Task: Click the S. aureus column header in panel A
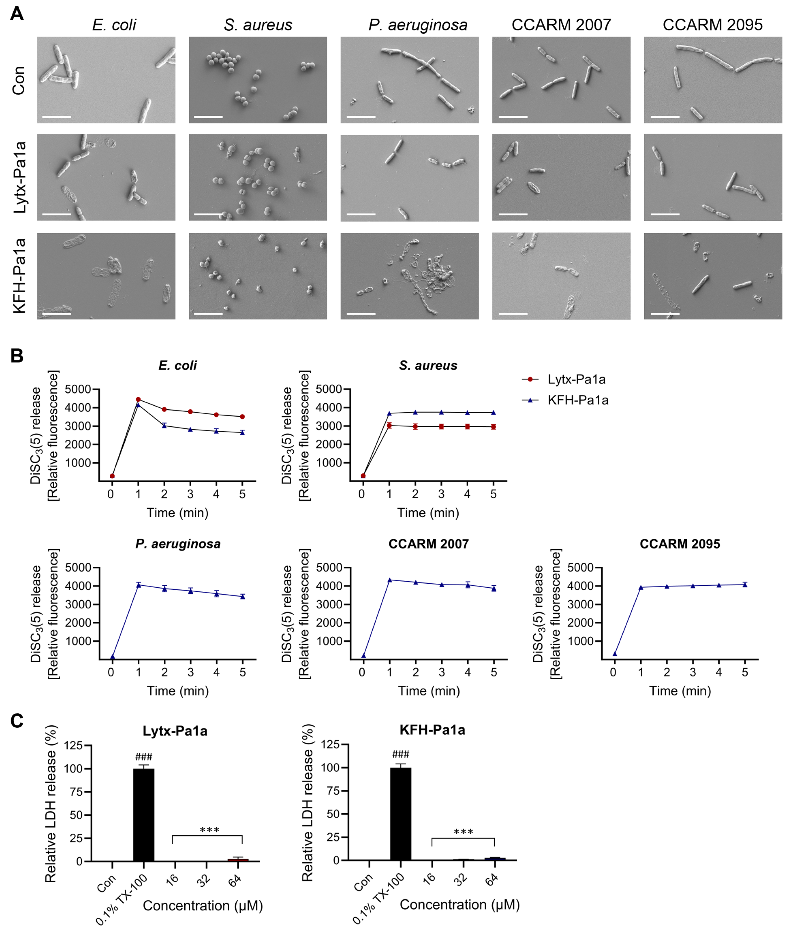pos(258,25)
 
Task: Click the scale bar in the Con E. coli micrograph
pos(56,117)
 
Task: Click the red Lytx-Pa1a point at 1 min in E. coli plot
pos(138,399)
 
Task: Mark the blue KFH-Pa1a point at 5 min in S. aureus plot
pos(493,412)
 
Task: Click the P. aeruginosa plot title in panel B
pos(178,544)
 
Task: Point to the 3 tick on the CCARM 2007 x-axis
pos(442,672)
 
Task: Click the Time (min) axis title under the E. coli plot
pos(178,513)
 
